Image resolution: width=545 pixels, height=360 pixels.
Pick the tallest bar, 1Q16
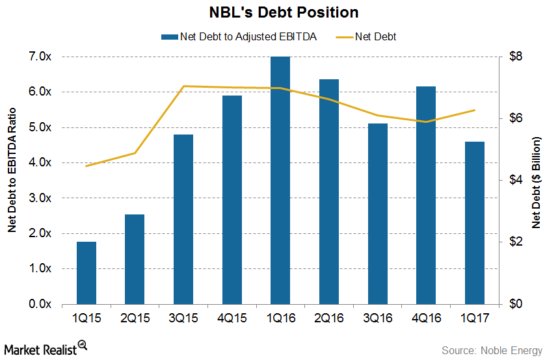pos(280,181)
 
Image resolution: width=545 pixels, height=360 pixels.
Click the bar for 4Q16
pos(426,195)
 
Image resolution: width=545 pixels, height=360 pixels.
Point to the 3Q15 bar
pos(183,219)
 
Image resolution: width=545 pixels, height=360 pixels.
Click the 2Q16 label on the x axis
pos(329,320)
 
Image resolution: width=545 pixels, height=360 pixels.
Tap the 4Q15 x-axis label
pos(232,320)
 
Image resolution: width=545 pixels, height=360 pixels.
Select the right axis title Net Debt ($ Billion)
pos(536,183)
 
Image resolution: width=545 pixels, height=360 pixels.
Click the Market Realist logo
pos(46,349)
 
